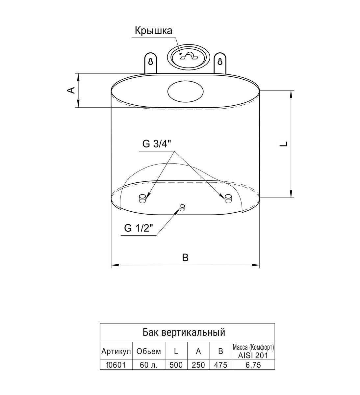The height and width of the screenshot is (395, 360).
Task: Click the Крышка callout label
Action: [x=153, y=31]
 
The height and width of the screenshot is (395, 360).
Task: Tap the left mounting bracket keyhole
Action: [x=151, y=62]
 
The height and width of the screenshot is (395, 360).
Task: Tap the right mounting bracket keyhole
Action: [x=220, y=62]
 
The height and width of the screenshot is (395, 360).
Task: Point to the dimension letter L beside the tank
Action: [x=284, y=144]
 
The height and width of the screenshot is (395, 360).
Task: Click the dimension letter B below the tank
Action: [x=185, y=257]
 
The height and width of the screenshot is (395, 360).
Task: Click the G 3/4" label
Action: [x=156, y=144]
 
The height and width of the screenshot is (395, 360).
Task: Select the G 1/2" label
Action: [x=139, y=228]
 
